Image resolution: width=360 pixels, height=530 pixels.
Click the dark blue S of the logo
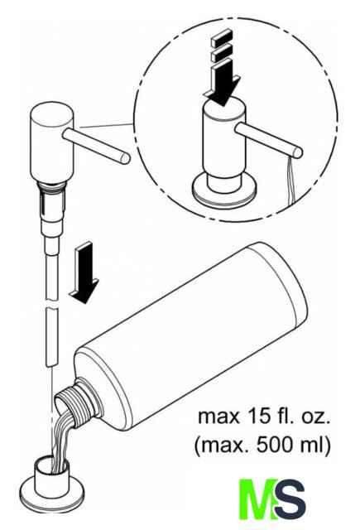[x=290, y=499]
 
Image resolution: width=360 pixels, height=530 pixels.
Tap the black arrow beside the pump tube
[x=84, y=272]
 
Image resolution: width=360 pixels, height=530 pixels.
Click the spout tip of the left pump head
[x=125, y=158]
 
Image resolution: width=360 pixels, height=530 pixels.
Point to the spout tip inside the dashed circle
[x=298, y=152]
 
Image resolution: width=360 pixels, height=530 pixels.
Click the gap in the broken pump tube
[x=51, y=304]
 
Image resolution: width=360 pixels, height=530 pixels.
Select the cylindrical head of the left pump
[x=51, y=142]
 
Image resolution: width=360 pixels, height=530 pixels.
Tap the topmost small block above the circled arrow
[x=223, y=37]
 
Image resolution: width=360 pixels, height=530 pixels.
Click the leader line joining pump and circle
[x=108, y=126]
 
